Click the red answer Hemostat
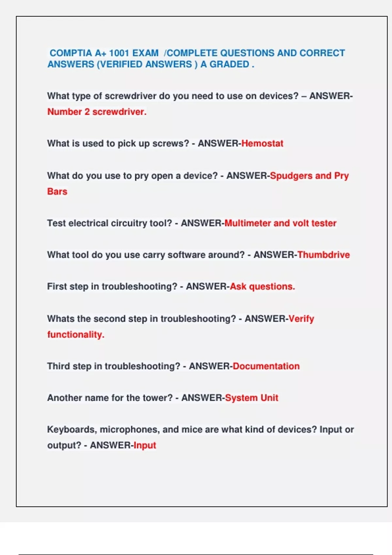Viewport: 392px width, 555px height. [262, 143]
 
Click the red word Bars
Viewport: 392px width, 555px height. [57, 191]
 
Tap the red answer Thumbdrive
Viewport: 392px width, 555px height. [323, 255]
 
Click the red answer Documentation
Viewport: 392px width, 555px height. [266, 366]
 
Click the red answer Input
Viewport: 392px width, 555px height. [145, 445]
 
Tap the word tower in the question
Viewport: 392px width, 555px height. [154, 398]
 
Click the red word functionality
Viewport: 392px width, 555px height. [76, 335]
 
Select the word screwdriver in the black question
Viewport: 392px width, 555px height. [130, 96]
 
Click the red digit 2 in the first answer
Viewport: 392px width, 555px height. [87, 112]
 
